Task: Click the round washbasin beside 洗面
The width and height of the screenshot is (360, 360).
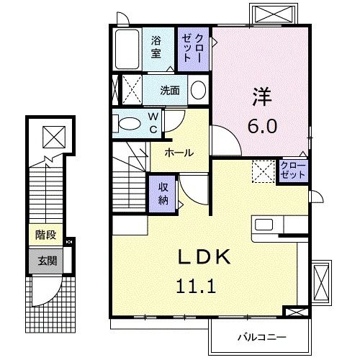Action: pyautogui.click(x=199, y=91)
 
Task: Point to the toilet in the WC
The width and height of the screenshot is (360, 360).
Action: pyautogui.click(x=129, y=123)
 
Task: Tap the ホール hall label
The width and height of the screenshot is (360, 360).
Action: pyautogui.click(x=179, y=153)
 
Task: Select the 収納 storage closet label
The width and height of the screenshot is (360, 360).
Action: pyautogui.click(x=163, y=192)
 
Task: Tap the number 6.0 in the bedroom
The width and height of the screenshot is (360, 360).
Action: pyautogui.click(x=261, y=125)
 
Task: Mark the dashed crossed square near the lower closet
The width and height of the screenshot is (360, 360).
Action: pyautogui.click(x=263, y=171)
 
